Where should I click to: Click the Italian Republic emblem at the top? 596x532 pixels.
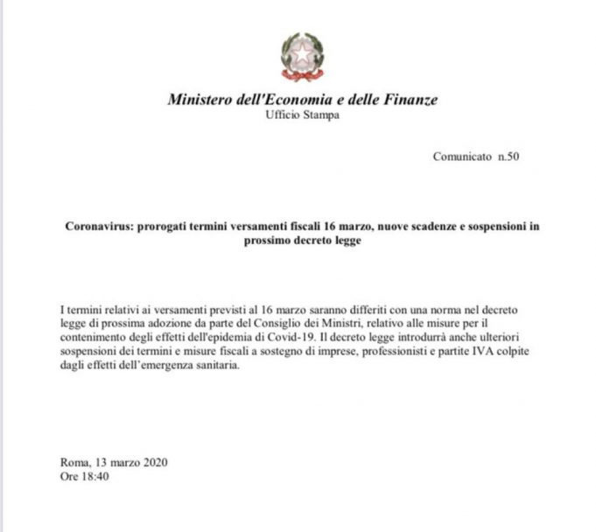[302, 56]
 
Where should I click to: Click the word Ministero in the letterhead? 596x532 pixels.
[200, 100]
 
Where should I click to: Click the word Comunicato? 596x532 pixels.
[462, 157]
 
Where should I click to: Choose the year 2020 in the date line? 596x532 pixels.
[152, 462]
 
